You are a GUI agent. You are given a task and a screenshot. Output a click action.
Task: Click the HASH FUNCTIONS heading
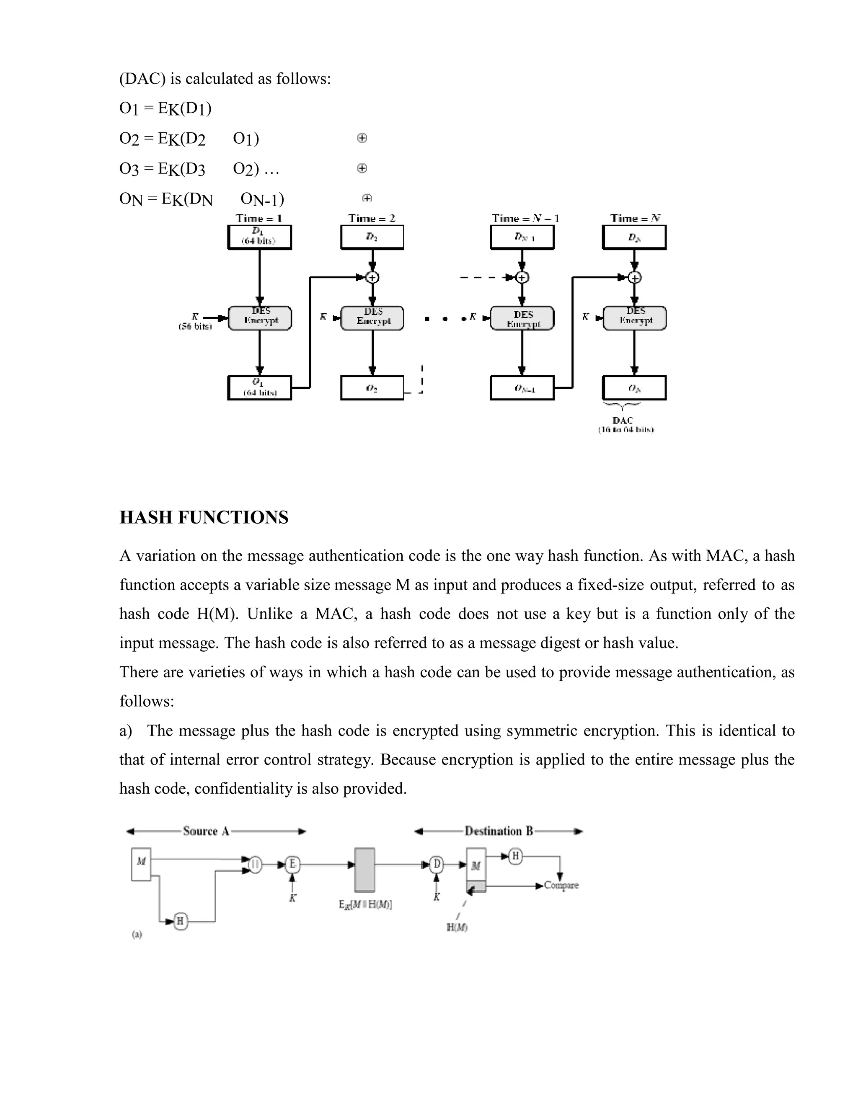[204, 517]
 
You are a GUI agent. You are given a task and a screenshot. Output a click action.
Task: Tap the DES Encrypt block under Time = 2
[372, 318]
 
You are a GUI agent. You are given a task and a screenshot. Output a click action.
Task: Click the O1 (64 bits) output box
[259, 388]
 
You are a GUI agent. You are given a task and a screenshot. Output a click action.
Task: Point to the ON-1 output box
[522, 388]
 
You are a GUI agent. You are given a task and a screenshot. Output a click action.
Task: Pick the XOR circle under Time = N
[635, 277]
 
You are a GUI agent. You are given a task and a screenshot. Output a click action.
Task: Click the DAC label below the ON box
[623, 420]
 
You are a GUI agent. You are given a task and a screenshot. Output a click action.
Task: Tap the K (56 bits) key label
[195, 321]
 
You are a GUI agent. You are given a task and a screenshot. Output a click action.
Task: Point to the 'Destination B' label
[499, 831]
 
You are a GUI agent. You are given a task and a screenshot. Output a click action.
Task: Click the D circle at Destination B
[437, 864]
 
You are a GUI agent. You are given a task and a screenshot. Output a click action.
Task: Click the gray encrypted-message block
[364, 870]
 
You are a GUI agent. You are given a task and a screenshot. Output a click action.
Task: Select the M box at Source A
[141, 864]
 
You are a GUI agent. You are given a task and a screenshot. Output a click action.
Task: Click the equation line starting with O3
[199, 168]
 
